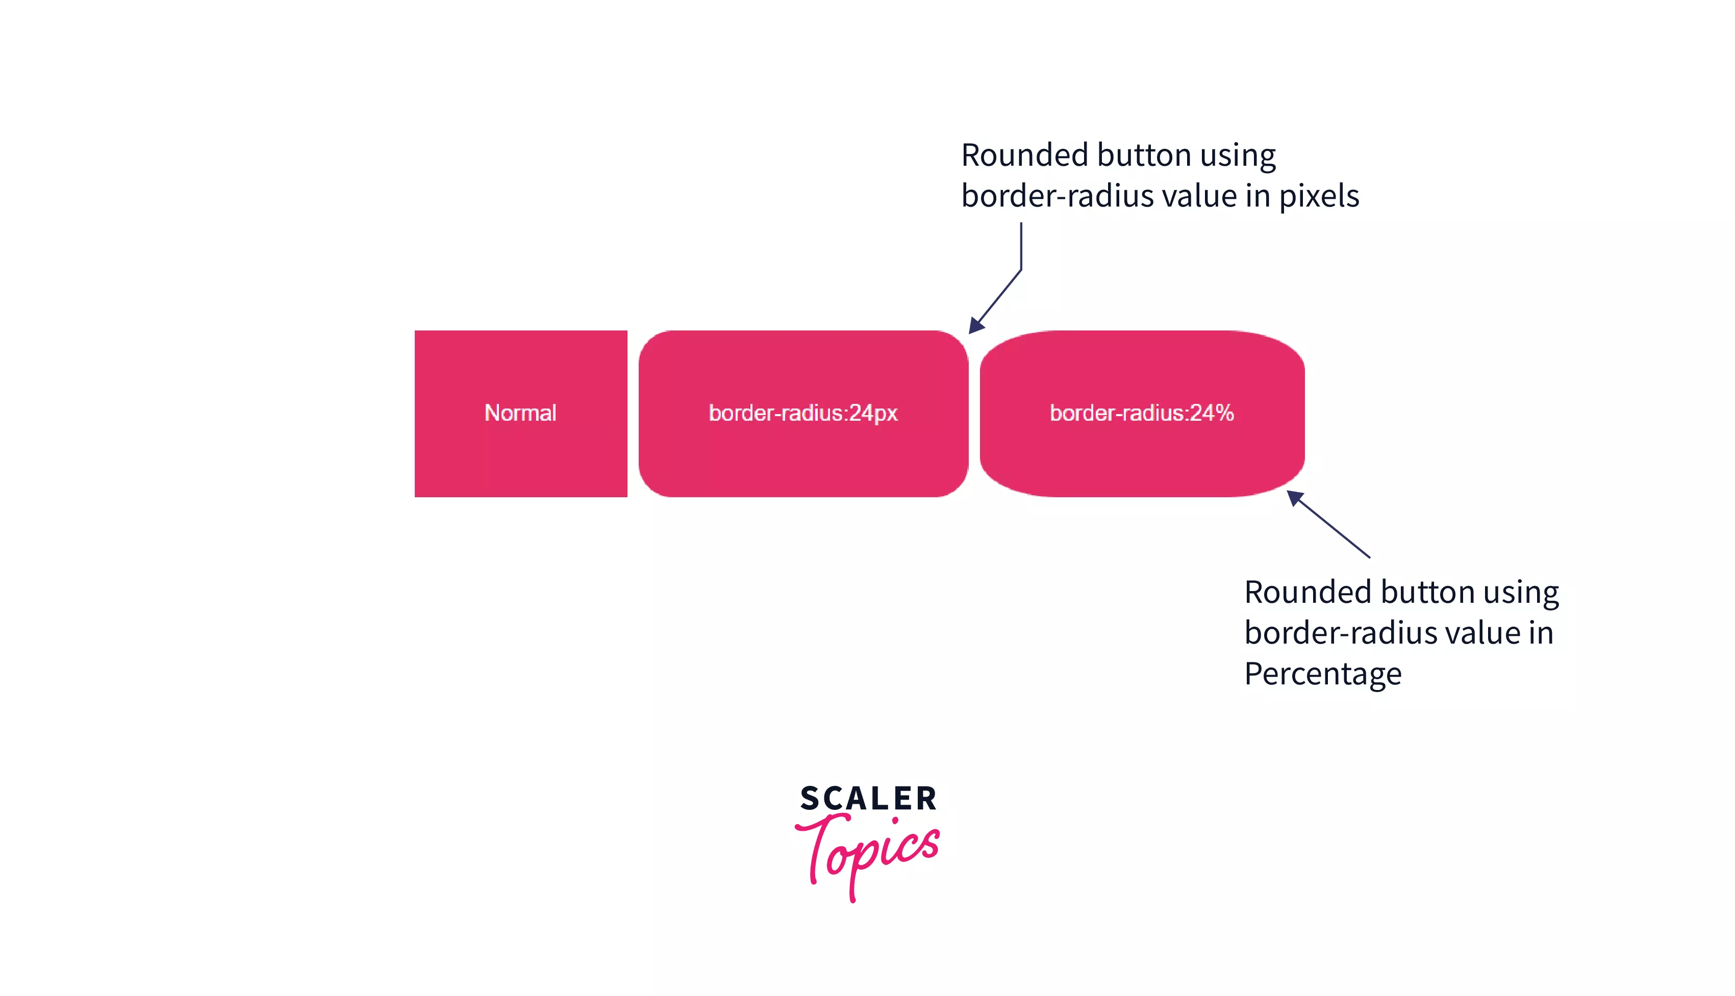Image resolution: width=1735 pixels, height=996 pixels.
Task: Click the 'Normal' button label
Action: pos(520,413)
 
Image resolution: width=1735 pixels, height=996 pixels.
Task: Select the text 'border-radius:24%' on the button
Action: pos(1141,413)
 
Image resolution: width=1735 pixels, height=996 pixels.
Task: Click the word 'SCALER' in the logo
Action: pos(868,798)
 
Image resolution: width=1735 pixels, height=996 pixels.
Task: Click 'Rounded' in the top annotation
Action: pos(1024,155)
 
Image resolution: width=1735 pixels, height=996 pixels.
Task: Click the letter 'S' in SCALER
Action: pos(811,798)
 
